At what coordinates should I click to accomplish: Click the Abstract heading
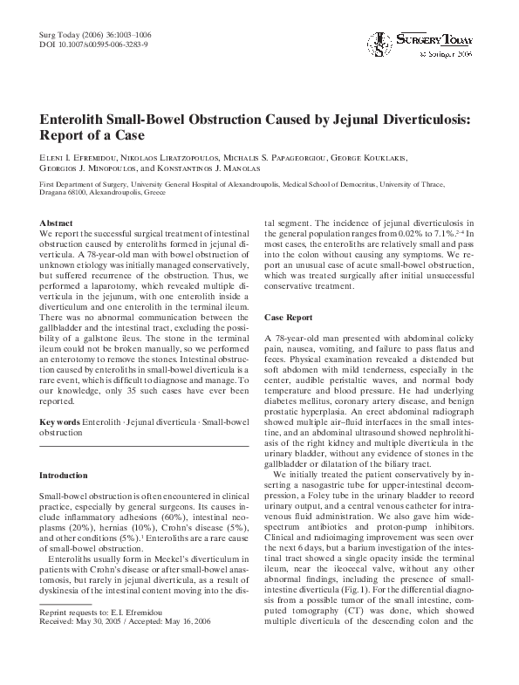[58, 223]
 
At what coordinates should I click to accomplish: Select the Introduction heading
[65, 475]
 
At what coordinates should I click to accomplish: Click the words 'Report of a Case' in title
[92, 137]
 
